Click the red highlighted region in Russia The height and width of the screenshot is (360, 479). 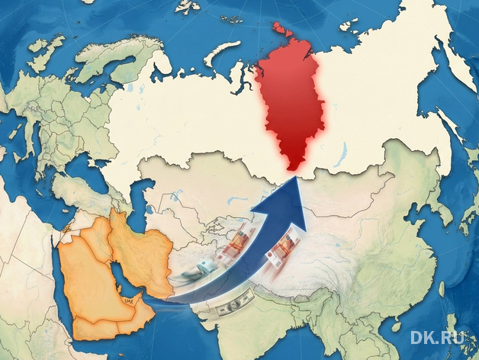coord(294,107)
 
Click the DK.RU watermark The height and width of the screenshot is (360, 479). coord(439,337)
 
